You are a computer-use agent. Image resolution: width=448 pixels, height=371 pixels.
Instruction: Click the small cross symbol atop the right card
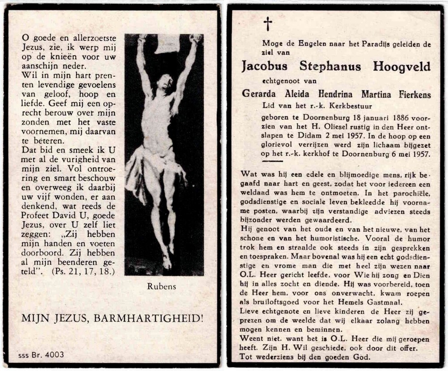(267, 24)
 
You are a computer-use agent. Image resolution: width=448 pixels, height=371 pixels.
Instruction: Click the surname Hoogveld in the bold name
(401, 67)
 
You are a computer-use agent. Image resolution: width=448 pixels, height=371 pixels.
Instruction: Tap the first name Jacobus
(264, 67)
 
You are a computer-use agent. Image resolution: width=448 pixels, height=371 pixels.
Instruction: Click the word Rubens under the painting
(161, 286)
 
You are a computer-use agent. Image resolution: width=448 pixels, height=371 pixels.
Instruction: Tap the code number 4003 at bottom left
(54, 354)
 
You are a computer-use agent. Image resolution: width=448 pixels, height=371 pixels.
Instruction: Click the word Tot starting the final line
(247, 357)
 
